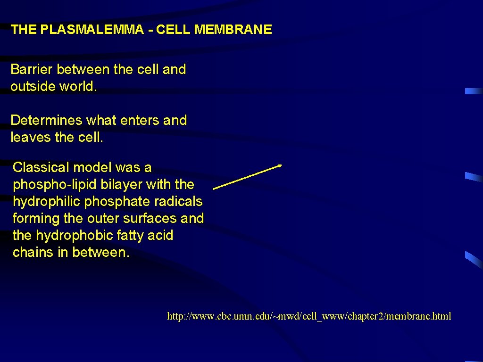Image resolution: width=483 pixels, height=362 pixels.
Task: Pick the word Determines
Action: [x=46, y=120]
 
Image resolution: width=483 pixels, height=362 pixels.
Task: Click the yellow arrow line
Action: [x=247, y=177]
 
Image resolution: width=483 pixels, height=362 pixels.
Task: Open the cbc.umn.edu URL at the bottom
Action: [x=309, y=316]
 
